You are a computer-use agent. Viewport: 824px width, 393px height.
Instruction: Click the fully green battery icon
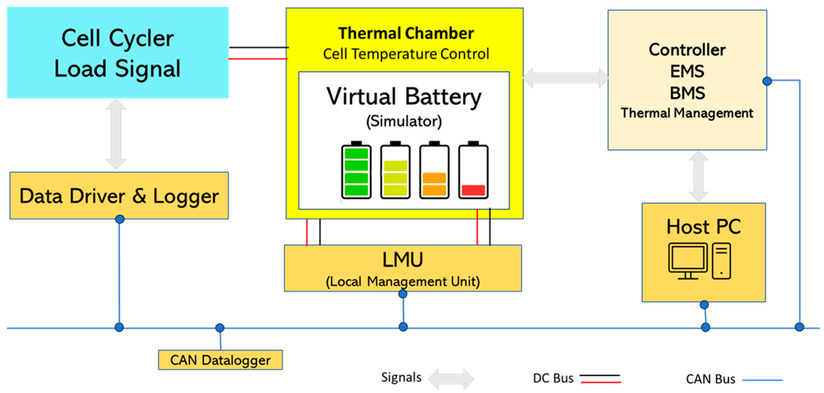(x=356, y=171)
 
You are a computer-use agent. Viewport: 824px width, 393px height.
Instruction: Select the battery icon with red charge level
(x=473, y=171)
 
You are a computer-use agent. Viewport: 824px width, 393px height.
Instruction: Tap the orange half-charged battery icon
(x=434, y=171)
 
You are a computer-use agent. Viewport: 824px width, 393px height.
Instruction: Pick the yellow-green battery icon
(x=395, y=171)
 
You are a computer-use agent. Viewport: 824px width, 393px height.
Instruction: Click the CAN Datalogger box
(x=220, y=360)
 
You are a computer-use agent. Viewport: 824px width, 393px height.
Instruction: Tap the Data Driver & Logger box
(x=119, y=196)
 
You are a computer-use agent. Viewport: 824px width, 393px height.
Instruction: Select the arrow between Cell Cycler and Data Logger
(x=116, y=134)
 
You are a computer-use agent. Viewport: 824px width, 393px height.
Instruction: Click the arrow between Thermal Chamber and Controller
(x=566, y=78)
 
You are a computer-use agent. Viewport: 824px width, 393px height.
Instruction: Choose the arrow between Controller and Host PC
(x=698, y=176)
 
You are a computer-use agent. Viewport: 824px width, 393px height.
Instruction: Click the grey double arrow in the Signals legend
(x=451, y=379)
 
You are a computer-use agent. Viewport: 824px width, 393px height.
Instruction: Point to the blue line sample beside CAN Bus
(x=762, y=380)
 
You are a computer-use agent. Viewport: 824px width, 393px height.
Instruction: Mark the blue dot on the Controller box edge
(x=767, y=81)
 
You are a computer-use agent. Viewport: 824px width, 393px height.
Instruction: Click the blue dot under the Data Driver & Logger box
(x=119, y=219)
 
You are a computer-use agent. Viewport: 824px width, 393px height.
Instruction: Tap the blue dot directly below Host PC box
(x=704, y=305)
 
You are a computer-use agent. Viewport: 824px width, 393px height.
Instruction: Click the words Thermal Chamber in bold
(x=406, y=33)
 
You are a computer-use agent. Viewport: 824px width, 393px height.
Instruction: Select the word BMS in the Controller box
(x=688, y=93)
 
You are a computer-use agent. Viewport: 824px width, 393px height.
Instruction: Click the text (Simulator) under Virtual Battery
(x=404, y=121)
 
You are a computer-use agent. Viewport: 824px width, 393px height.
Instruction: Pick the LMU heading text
(x=403, y=259)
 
